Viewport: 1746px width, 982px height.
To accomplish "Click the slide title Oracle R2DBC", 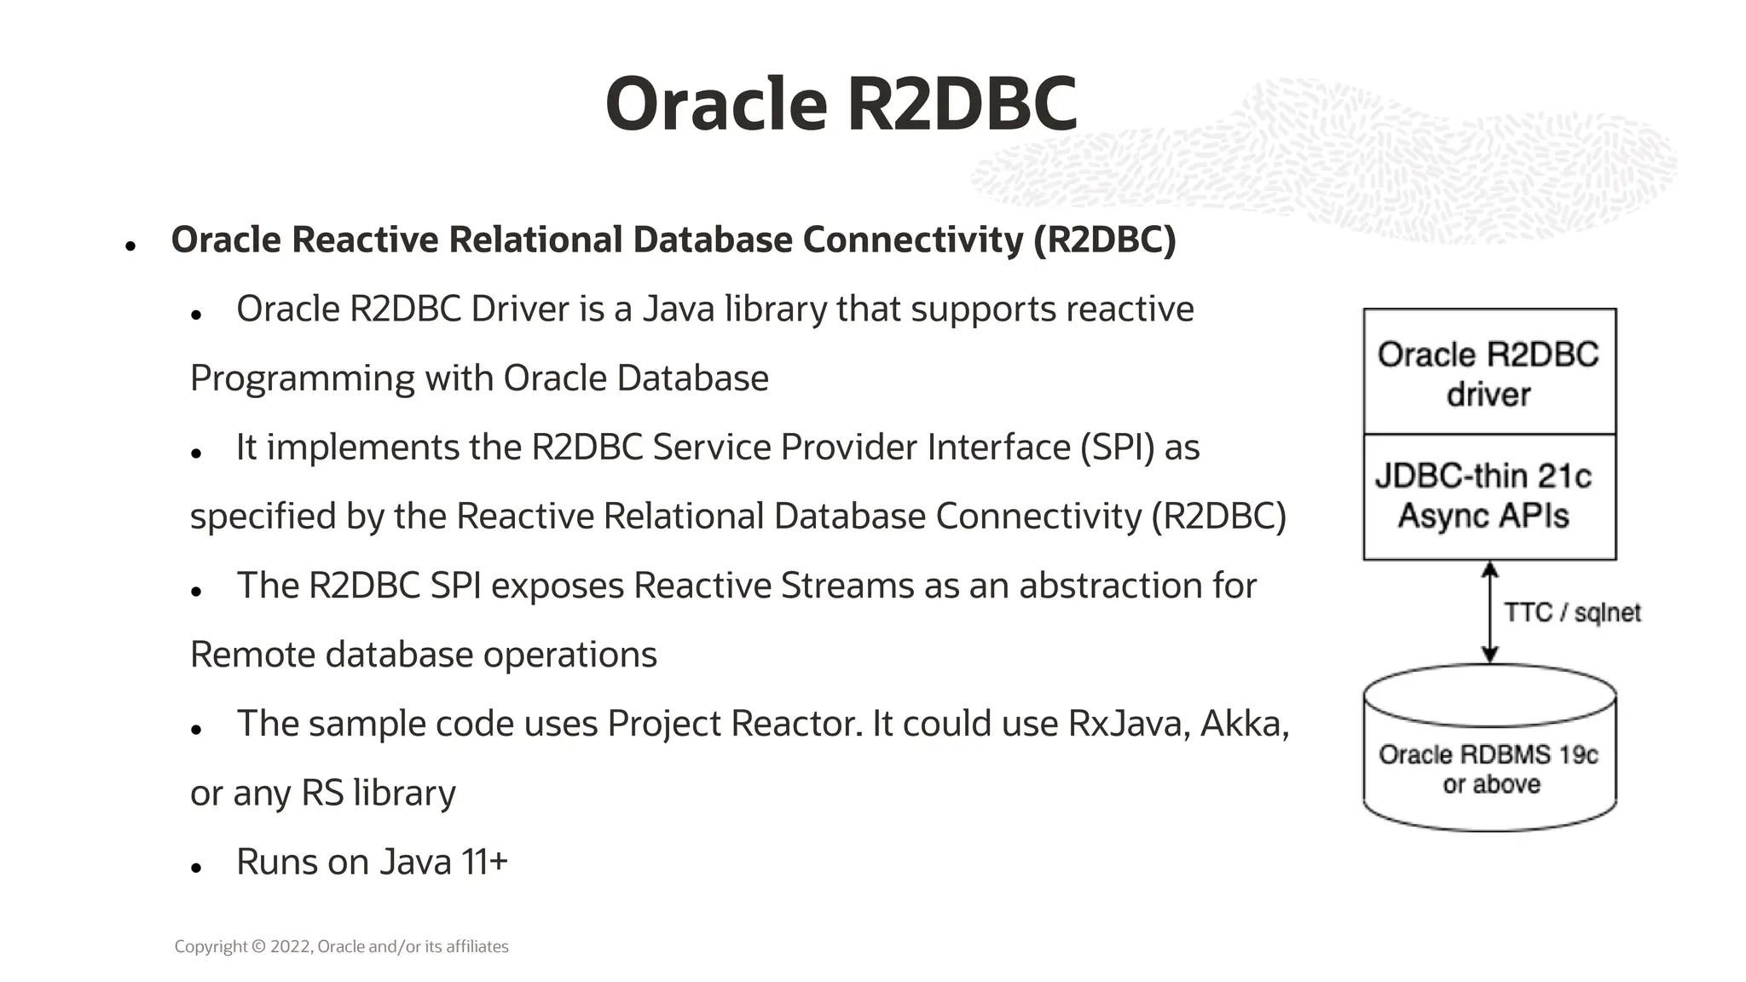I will (x=841, y=104).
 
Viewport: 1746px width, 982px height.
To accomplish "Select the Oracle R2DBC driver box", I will (x=1489, y=373).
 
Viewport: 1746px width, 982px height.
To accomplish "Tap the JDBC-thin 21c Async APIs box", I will (x=1489, y=496).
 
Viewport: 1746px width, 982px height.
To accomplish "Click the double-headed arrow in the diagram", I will (x=1489, y=611).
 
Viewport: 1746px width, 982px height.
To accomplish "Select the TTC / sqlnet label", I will (x=1571, y=612).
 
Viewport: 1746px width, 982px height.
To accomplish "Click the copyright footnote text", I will (x=341, y=946).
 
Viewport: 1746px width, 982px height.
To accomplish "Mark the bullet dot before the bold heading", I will (x=130, y=246).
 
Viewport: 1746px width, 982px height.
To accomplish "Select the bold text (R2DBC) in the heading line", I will (x=1104, y=240).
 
